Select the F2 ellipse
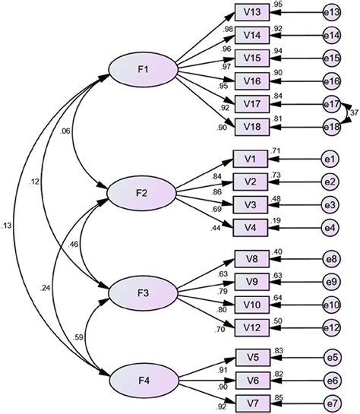142,193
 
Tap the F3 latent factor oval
142,292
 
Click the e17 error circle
330,103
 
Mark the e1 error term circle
330,160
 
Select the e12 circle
330,327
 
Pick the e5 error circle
330,355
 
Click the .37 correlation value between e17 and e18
352,114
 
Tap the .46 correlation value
74,245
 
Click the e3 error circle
330,205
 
